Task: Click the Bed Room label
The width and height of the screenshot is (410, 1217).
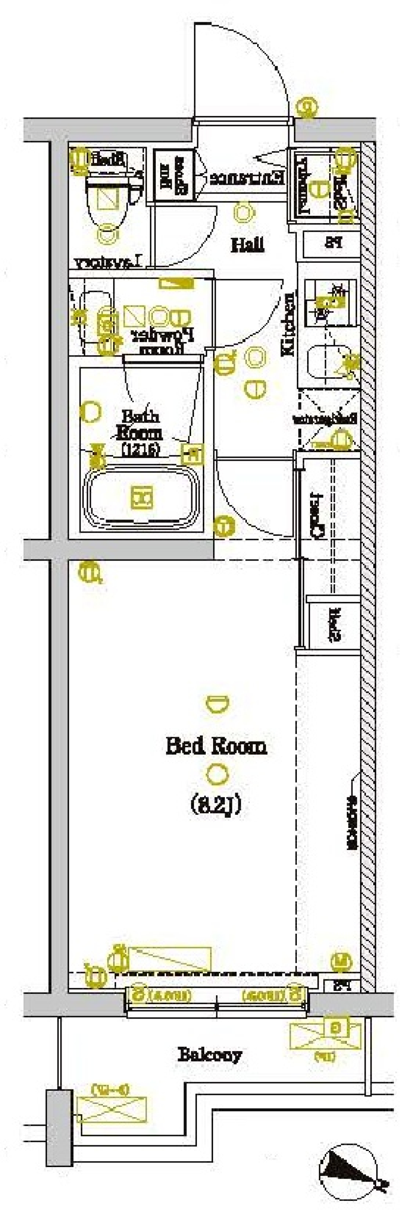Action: tap(216, 746)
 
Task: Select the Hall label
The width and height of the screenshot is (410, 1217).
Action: tap(247, 245)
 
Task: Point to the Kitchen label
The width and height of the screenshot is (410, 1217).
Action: tap(288, 324)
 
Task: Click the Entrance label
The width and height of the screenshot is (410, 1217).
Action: tap(247, 178)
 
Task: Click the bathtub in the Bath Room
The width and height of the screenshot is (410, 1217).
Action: tap(141, 497)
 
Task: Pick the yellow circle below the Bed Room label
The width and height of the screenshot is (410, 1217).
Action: tap(217, 775)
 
